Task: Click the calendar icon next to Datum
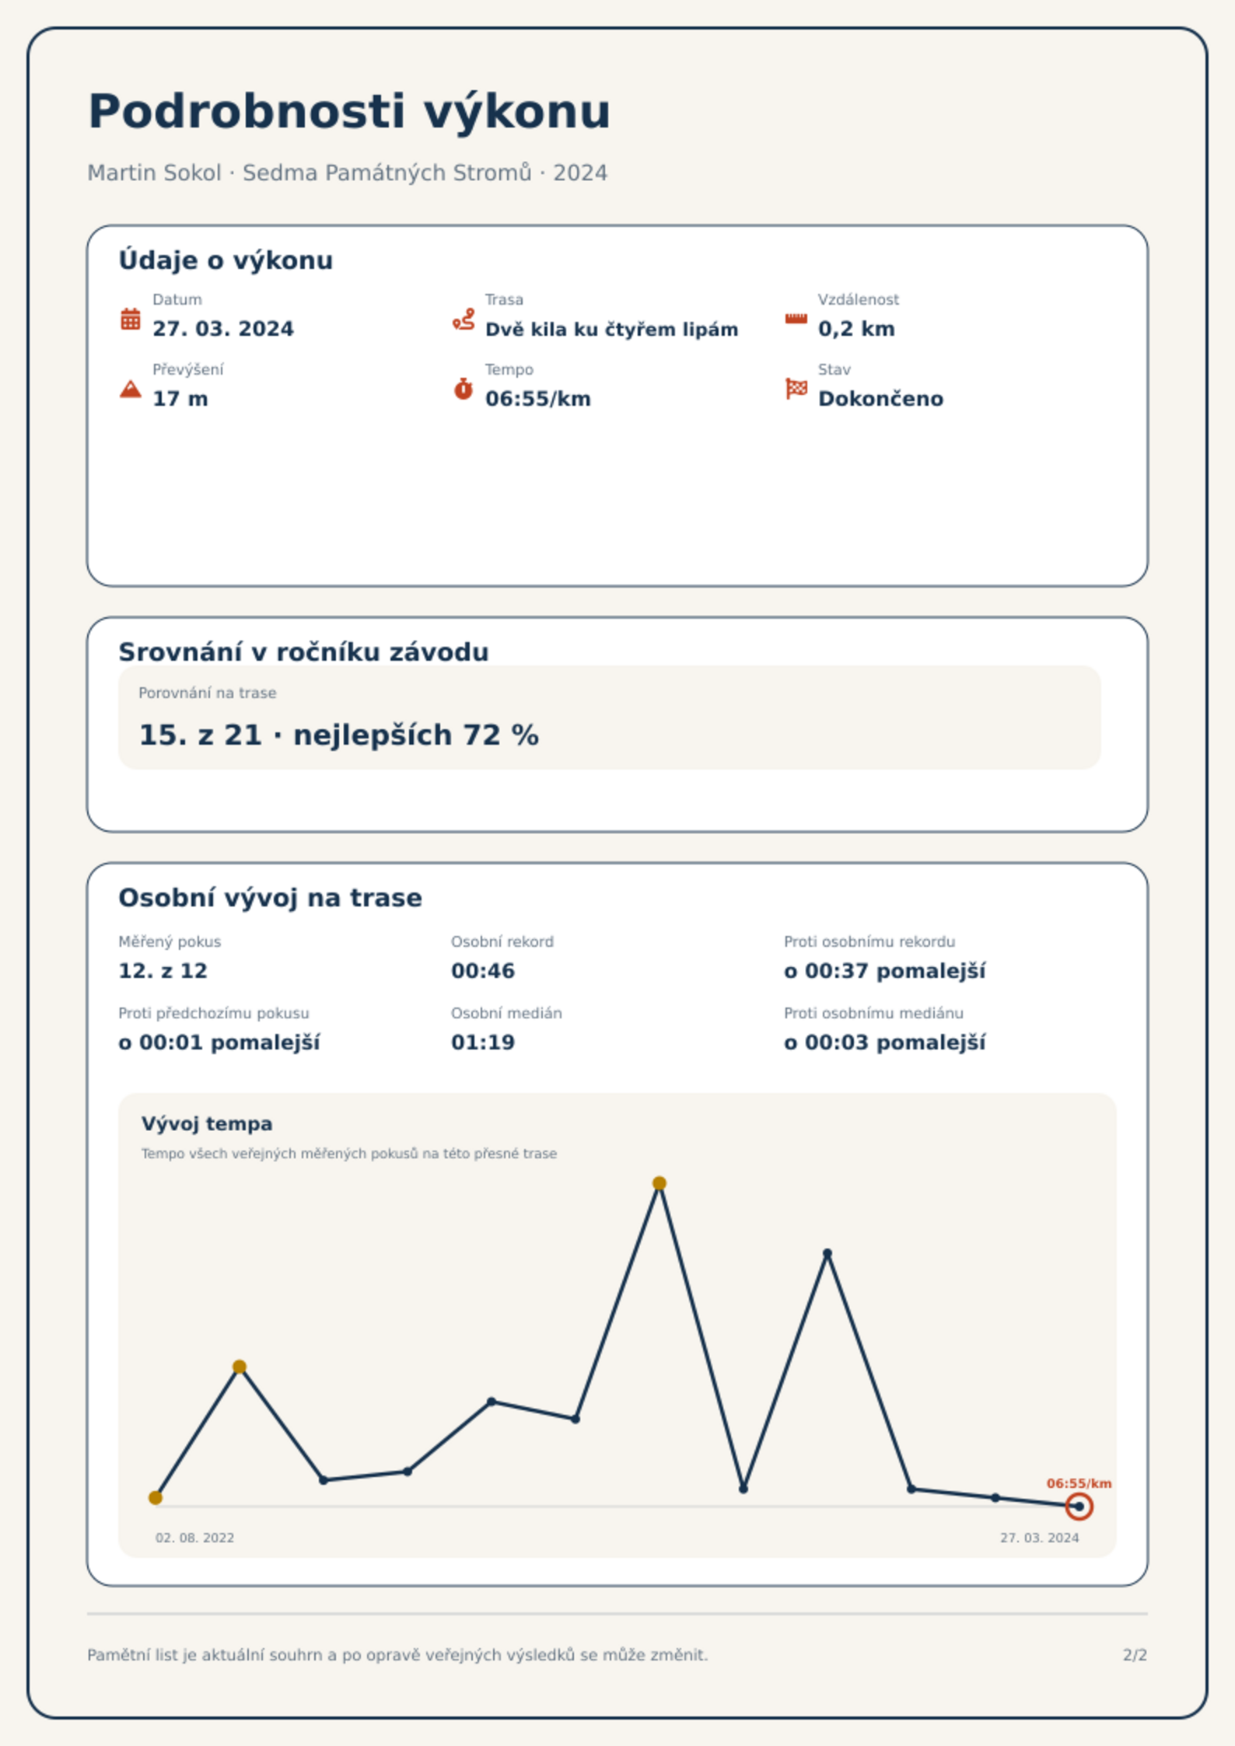point(131,319)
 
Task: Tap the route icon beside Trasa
point(464,319)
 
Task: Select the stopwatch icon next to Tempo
point(464,389)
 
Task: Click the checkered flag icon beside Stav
point(796,389)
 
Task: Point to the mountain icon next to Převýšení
point(131,389)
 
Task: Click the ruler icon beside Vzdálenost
point(796,319)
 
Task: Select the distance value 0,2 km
point(856,329)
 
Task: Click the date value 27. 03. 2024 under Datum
point(223,329)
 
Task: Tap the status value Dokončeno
point(880,399)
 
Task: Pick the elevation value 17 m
point(180,399)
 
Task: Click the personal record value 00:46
point(483,971)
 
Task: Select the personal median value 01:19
point(483,1042)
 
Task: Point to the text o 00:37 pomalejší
point(884,971)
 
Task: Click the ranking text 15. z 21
point(200,735)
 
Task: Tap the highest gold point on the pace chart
point(659,1183)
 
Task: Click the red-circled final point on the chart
point(1079,1507)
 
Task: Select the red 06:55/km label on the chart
point(1079,1483)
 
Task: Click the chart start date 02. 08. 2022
point(194,1538)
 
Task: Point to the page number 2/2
point(1135,1655)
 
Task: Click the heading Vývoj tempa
point(207,1123)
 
